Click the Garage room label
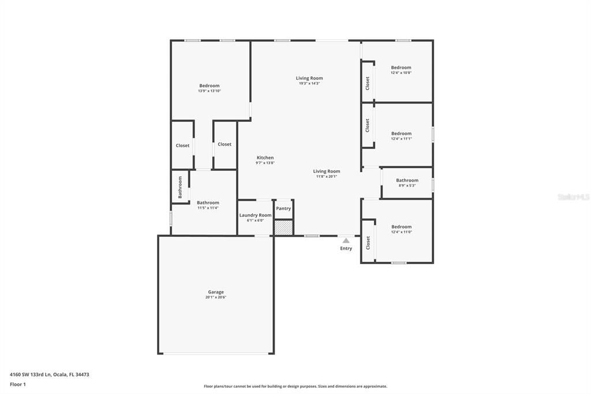coord(216,292)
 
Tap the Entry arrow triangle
coord(346,240)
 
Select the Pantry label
coord(283,209)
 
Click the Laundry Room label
coord(255,215)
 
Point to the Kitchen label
coord(265,158)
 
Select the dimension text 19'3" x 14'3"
coord(309,84)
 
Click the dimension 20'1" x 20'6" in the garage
coord(216,298)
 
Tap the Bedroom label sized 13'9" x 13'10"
coord(210,86)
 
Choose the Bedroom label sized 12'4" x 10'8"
coord(401,68)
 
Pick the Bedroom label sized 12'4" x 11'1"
coord(401,133)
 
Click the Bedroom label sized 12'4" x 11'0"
coord(401,226)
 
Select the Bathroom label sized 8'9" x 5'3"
coord(407,180)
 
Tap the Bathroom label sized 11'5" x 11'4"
coord(208,202)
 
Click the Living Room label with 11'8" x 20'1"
coord(327,171)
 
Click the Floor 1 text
coord(18,384)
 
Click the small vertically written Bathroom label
coord(180,187)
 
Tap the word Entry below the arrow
coord(346,248)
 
